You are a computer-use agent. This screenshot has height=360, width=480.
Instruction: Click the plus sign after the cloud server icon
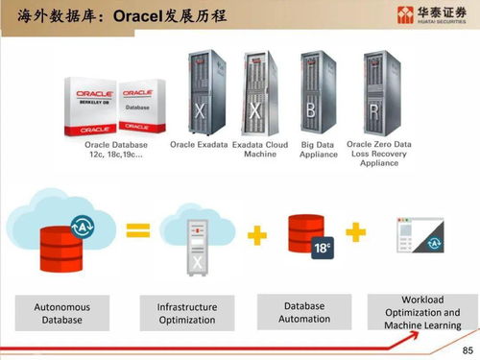[x=256, y=234]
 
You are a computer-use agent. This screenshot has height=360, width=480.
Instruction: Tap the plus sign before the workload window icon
[x=355, y=232]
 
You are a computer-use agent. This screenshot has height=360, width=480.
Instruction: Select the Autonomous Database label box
[x=62, y=313]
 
